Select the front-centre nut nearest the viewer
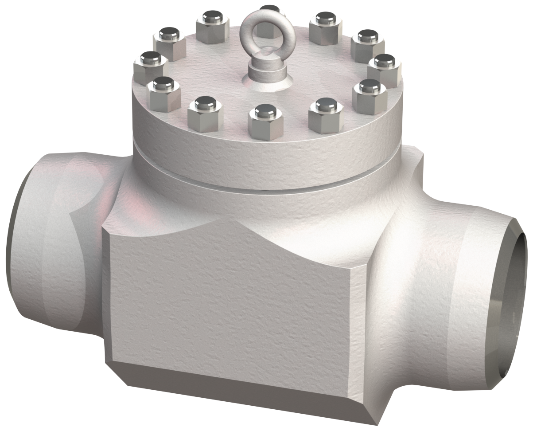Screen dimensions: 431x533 point(266,123)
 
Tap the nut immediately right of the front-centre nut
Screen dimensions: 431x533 point(326,117)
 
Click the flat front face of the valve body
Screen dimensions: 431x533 point(226,306)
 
